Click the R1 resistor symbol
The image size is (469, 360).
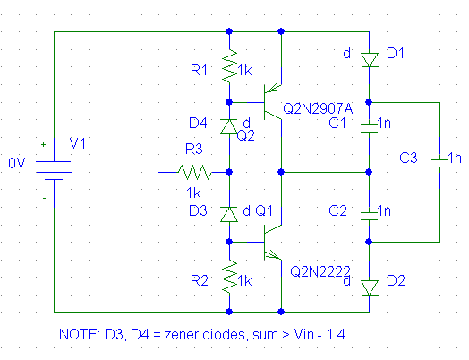click(229, 66)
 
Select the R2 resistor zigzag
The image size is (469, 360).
click(229, 277)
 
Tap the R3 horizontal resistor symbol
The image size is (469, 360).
click(194, 172)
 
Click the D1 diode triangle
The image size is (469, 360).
click(369, 60)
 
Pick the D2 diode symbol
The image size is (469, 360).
click(369, 287)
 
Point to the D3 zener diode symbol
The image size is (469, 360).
click(229, 214)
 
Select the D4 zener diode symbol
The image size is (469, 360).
click(229, 126)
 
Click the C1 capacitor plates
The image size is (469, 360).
click(369, 128)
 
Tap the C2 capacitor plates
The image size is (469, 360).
click(369, 216)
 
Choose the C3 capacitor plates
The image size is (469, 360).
click(439, 163)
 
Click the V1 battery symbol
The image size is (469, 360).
click(54, 170)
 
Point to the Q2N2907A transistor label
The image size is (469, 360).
click(318, 108)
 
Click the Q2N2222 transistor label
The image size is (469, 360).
click(320, 271)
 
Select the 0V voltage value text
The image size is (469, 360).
click(17, 163)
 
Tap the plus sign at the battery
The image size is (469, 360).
click(44, 144)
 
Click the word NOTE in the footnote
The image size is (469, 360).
click(80, 334)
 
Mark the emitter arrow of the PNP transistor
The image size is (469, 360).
click(273, 89)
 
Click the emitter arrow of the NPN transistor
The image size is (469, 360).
click(273, 255)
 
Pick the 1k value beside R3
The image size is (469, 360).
click(193, 193)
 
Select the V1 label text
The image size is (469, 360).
click(78, 143)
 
